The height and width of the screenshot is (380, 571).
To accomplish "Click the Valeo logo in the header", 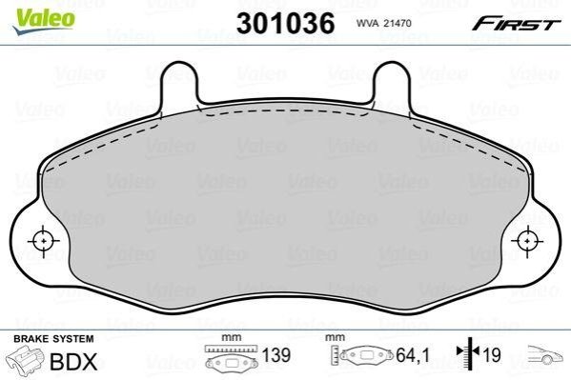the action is click(x=44, y=21).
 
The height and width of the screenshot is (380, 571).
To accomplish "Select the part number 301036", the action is click(x=285, y=23).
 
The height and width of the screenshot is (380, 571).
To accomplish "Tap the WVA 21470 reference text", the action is click(x=383, y=23).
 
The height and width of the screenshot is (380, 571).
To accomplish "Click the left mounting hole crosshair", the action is click(x=43, y=241).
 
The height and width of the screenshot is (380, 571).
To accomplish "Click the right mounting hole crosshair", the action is click(x=527, y=241).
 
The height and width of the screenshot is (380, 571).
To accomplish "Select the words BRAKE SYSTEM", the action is click(x=53, y=339).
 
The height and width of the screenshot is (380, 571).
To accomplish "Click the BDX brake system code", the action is click(x=74, y=362).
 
